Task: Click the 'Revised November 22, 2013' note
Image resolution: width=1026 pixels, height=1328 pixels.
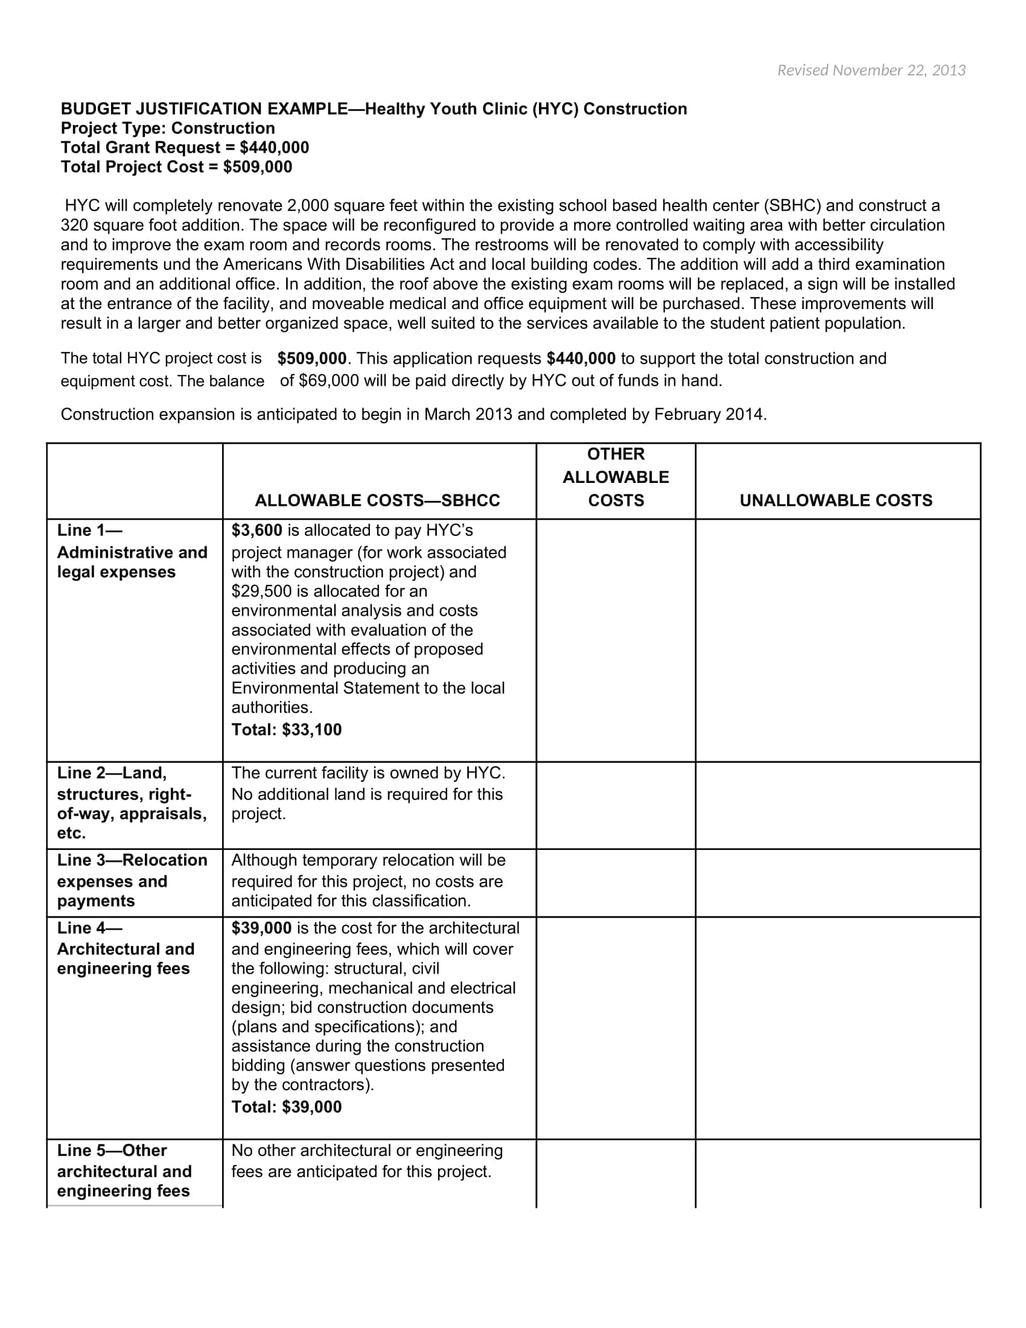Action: [x=871, y=71]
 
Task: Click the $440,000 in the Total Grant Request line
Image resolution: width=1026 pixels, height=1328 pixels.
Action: [x=274, y=148]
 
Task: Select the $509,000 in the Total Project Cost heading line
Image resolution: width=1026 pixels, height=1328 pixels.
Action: [x=257, y=167]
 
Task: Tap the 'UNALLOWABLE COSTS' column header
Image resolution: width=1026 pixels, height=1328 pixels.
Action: [x=836, y=500]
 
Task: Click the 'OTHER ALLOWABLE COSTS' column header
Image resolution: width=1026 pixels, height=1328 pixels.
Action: [x=615, y=477]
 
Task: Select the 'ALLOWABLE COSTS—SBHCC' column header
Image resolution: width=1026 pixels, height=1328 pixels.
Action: [x=377, y=500]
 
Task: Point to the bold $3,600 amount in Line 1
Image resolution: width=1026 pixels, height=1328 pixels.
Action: [x=256, y=530]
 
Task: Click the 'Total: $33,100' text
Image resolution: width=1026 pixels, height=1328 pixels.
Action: [x=286, y=730]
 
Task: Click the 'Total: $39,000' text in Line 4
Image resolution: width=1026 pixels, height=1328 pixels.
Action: [x=286, y=1106]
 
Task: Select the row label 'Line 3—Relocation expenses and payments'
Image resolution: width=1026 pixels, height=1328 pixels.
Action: [x=132, y=881]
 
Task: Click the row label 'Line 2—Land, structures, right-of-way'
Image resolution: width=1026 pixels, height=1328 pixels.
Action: [x=132, y=803]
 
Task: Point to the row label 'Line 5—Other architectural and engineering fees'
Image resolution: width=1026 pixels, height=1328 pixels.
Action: [x=124, y=1170]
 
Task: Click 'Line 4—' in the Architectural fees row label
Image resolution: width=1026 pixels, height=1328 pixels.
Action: [x=89, y=928]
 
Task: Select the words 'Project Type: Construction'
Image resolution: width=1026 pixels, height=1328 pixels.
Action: [x=168, y=129]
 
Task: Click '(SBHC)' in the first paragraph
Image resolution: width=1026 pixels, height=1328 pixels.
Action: [x=792, y=205]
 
